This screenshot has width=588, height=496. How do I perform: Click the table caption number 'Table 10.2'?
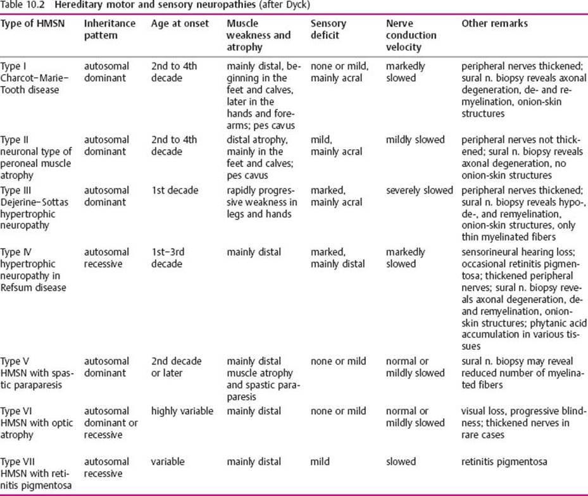22,6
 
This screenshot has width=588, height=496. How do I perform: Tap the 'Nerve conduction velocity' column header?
411,35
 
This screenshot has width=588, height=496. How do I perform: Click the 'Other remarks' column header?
494,23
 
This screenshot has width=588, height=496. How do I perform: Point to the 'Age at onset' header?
180,23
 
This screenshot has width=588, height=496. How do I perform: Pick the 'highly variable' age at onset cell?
182,411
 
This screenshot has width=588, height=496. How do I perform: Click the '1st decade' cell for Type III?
175,190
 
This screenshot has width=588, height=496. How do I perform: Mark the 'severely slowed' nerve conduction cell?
420,190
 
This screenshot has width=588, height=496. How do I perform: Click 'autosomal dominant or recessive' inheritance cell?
110,423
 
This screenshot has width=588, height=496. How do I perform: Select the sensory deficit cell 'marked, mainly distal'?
337,258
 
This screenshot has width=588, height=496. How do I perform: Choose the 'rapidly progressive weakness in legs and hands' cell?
261,202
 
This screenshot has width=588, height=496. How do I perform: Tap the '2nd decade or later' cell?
176,367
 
